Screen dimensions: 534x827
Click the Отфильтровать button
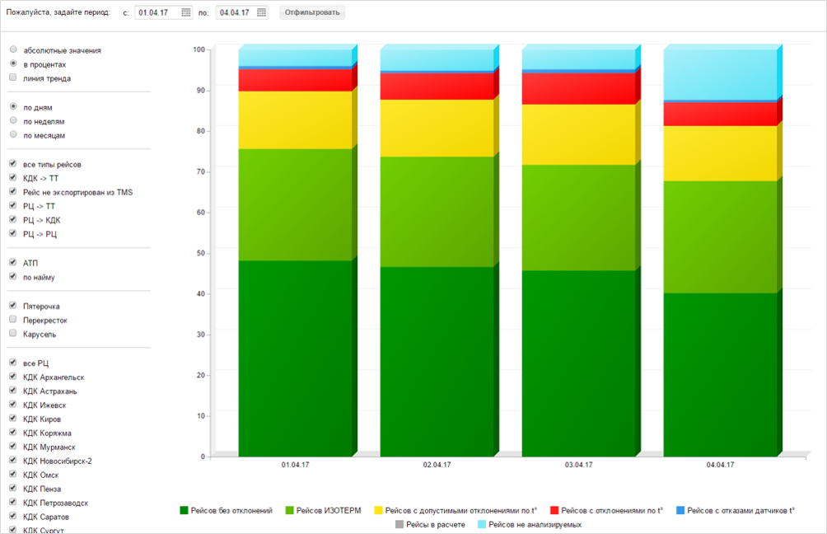pos(312,12)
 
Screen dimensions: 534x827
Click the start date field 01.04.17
pos(157,12)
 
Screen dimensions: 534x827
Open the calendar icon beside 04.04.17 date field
pos(262,12)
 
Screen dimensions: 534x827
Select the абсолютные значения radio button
pos(13,50)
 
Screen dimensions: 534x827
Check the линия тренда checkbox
pos(13,78)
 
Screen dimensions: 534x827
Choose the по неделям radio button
pos(13,121)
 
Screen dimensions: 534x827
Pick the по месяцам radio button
pos(13,135)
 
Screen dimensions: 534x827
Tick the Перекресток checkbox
pos(13,320)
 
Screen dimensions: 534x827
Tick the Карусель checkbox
pos(13,334)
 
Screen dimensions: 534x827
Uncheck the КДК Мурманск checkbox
pos(13,447)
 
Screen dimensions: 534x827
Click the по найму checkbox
pos(13,277)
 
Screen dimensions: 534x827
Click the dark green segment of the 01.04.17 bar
pos(295,358)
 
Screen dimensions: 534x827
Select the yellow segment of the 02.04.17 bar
pos(437,128)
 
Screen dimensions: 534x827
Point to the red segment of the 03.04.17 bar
pos(578,88)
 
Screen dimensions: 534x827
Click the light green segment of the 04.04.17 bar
pos(720,237)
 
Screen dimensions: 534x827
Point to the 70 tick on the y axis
pos(199,171)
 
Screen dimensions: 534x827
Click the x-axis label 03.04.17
pos(578,465)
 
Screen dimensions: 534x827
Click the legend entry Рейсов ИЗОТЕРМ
pos(326,511)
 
